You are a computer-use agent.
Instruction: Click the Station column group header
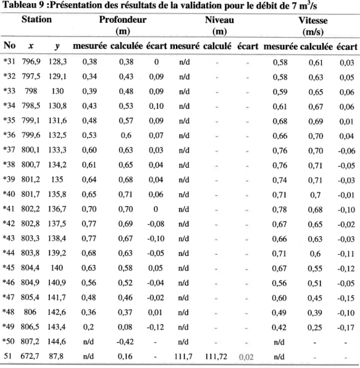click(37, 19)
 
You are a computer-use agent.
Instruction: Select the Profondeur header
click(123, 19)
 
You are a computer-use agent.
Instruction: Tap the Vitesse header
click(313, 21)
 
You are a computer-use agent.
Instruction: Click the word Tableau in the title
click(19, 5)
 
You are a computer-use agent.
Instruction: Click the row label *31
click(9, 62)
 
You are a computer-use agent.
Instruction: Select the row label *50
click(9, 341)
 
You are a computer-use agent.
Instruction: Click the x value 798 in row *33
click(31, 91)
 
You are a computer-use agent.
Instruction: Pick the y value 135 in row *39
click(57, 180)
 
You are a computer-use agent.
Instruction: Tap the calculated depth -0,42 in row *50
click(125, 341)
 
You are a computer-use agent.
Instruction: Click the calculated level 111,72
click(216, 357)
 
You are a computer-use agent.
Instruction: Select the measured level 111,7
click(183, 357)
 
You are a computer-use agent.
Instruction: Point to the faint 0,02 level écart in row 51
click(246, 357)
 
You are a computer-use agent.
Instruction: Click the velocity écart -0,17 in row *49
click(346, 327)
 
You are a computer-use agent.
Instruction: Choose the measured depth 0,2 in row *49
click(88, 327)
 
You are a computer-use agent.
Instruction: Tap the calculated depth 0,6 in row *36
click(126, 135)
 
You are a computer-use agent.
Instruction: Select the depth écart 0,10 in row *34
click(156, 106)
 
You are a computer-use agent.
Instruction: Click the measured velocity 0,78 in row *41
click(279, 209)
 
